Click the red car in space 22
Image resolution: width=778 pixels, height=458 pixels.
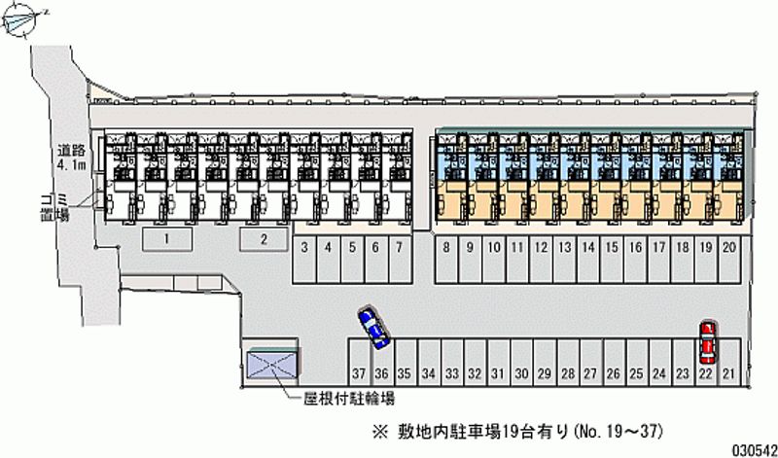(707, 339)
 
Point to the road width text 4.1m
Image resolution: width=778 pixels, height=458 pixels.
(71, 166)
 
